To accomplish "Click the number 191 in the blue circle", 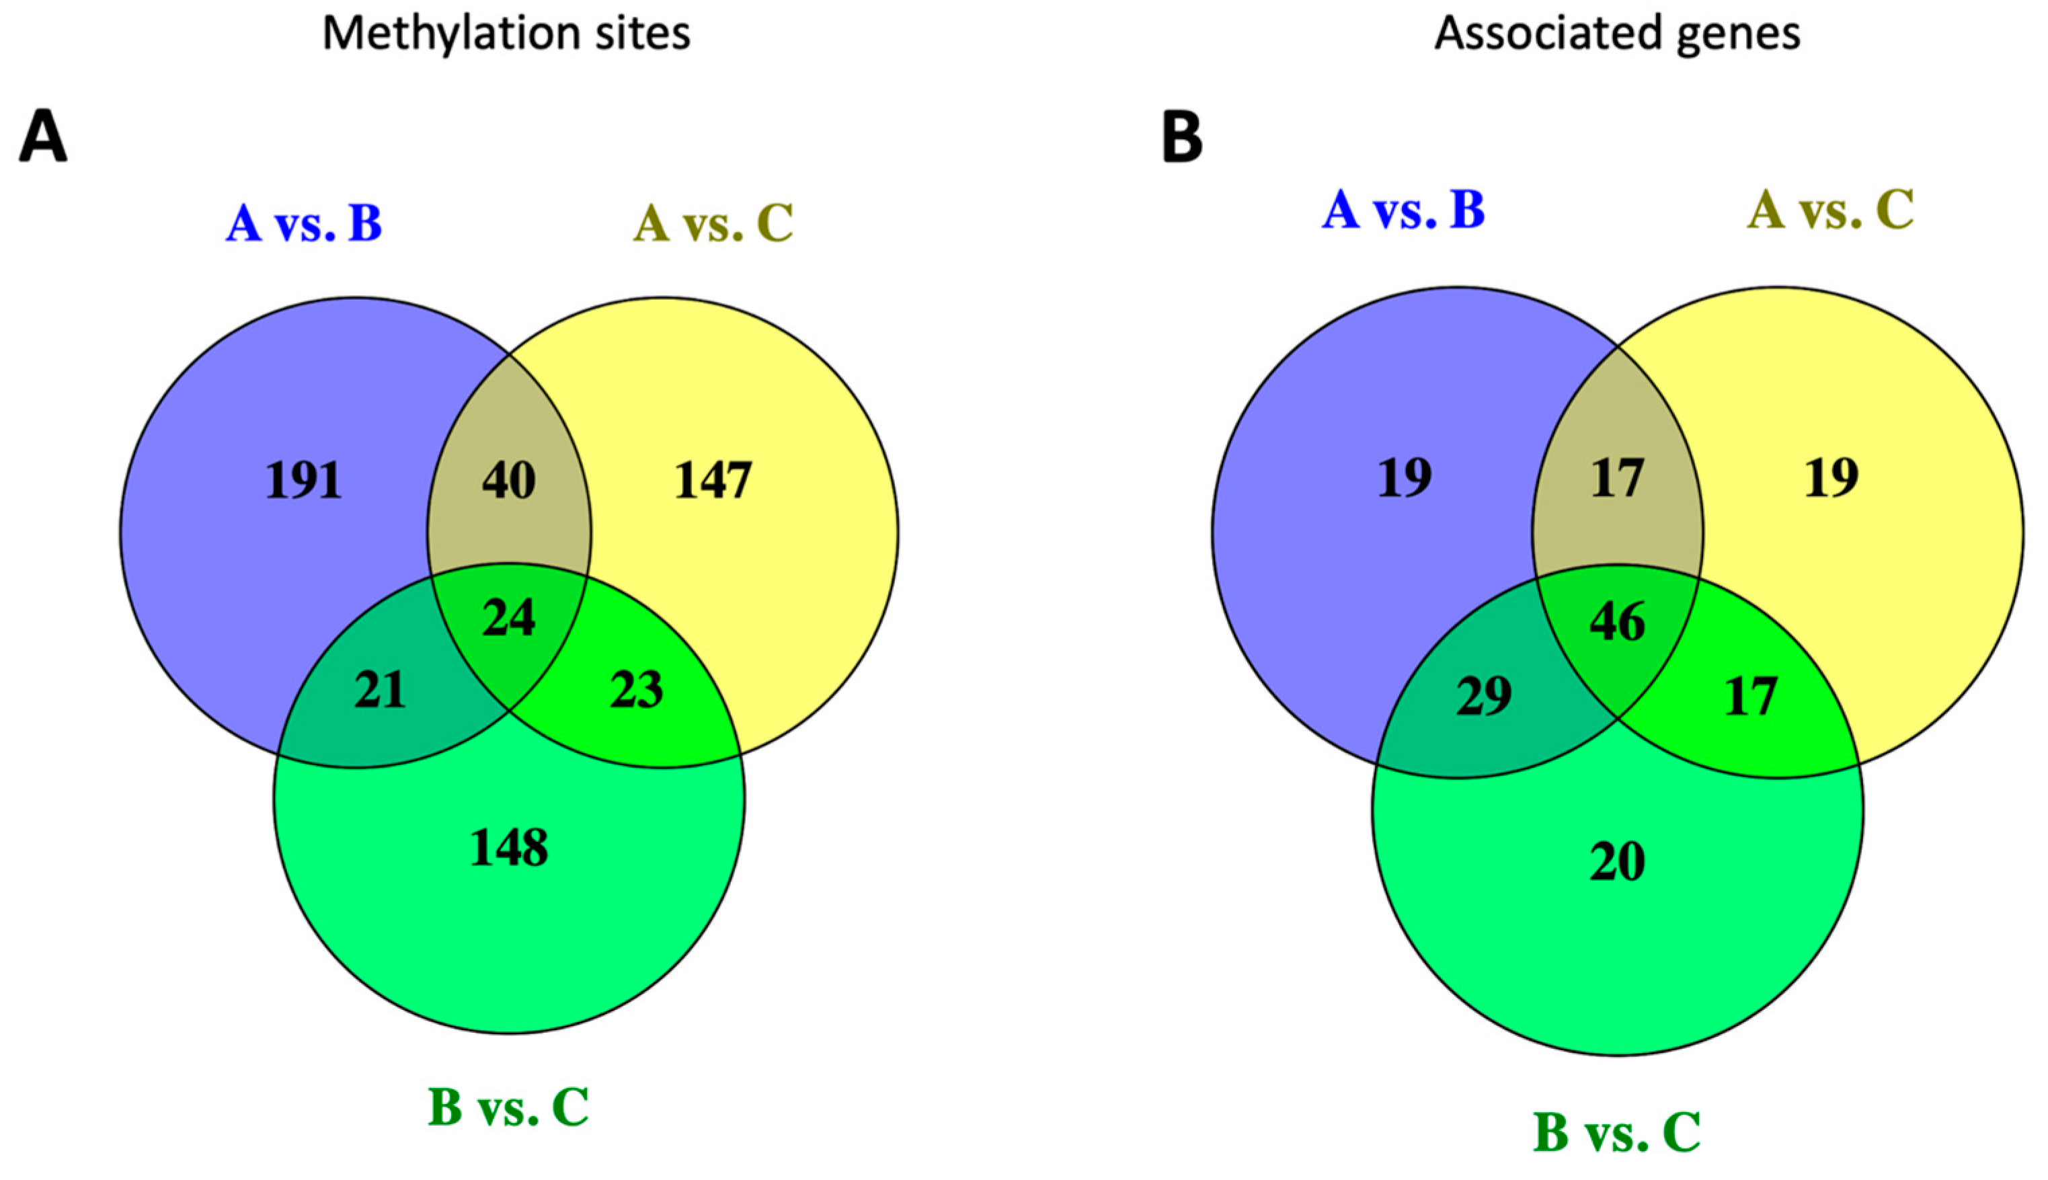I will [304, 481].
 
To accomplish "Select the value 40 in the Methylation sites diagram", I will [508, 481].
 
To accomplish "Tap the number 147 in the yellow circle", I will [713, 481].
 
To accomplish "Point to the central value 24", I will [508, 619].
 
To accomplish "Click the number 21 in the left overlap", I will [380, 691].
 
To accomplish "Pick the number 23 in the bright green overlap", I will [636, 691].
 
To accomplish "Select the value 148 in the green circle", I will [509, 849].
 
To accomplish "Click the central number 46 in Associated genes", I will [1617, 623].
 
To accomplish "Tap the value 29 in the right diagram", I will [1483, 696].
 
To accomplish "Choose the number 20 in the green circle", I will [1617, 862].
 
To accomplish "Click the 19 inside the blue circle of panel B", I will [1405, 477].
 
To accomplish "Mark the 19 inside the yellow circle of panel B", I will [1832, 477].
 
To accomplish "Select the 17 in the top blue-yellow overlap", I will [1617, 477].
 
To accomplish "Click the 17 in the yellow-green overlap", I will [1751, 696].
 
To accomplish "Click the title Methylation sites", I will [506, 34].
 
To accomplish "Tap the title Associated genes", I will [1617, 34].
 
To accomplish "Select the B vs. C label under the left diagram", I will [508, 1107].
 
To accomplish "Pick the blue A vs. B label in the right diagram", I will [1403, 210].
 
